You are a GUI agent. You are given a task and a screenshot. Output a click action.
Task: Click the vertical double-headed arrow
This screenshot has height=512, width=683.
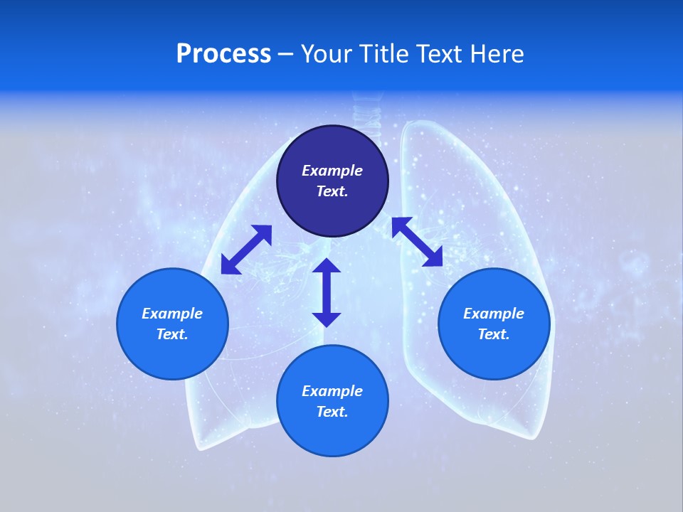point(327,292)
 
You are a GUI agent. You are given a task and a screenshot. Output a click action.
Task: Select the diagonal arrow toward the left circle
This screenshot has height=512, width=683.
point(246,250)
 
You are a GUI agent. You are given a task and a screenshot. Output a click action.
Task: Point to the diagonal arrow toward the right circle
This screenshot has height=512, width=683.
point(417,242)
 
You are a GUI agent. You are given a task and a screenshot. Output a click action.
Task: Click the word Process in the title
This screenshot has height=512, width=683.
point(223,53)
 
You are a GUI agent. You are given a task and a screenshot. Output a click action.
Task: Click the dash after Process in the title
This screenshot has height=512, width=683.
point(286,55)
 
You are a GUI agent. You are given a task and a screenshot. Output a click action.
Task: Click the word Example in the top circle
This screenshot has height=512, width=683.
point(332,171)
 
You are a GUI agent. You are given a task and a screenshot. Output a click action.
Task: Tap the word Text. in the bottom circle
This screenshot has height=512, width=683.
point(332,412)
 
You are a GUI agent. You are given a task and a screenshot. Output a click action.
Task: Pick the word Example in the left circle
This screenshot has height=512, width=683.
point(172,314)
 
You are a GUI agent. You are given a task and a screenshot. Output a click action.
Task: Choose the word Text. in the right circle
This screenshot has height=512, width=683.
point(494,334)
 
